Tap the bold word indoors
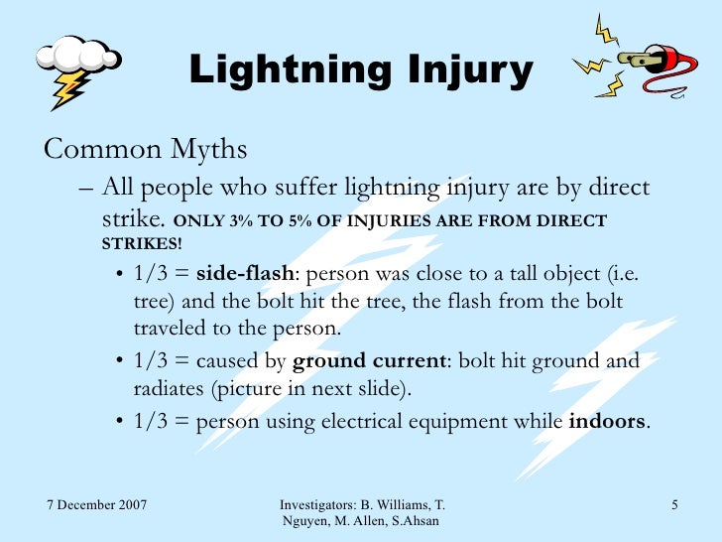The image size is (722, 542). click(x=607, y=421)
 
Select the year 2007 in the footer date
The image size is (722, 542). click(x=130, y=507)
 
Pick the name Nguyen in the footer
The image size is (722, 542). click(x=307, y=523)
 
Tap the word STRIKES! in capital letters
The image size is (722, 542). click(x=142, y=243)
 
